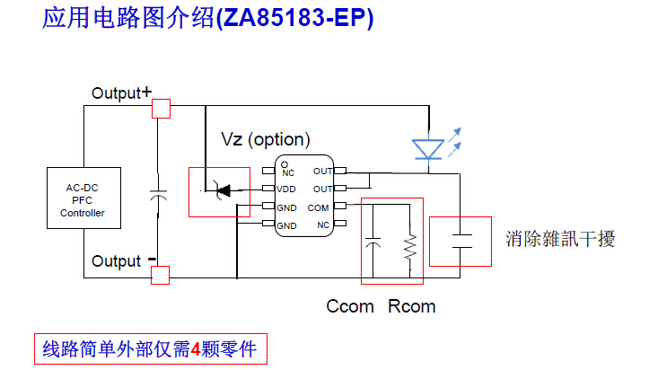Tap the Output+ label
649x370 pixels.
coord(121,92)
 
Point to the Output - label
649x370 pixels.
coord(124,261)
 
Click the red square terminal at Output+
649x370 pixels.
coord(162,109)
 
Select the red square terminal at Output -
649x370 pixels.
coord(160,274)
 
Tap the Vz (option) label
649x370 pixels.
coord(266,139)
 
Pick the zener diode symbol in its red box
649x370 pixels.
coord(220,189)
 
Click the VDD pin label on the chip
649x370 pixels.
coord(285,189)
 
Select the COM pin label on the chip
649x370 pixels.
coord(318,207)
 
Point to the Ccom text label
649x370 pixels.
coord(350,306)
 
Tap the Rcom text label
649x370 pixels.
coord(412,306)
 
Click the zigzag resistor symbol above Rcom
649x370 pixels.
coord(410,247)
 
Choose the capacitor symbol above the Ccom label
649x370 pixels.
coord(373,243)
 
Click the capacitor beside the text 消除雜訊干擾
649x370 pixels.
coord(461,240)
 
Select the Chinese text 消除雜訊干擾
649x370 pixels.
coord(560,239)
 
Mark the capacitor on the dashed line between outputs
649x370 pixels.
coord(159,192)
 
